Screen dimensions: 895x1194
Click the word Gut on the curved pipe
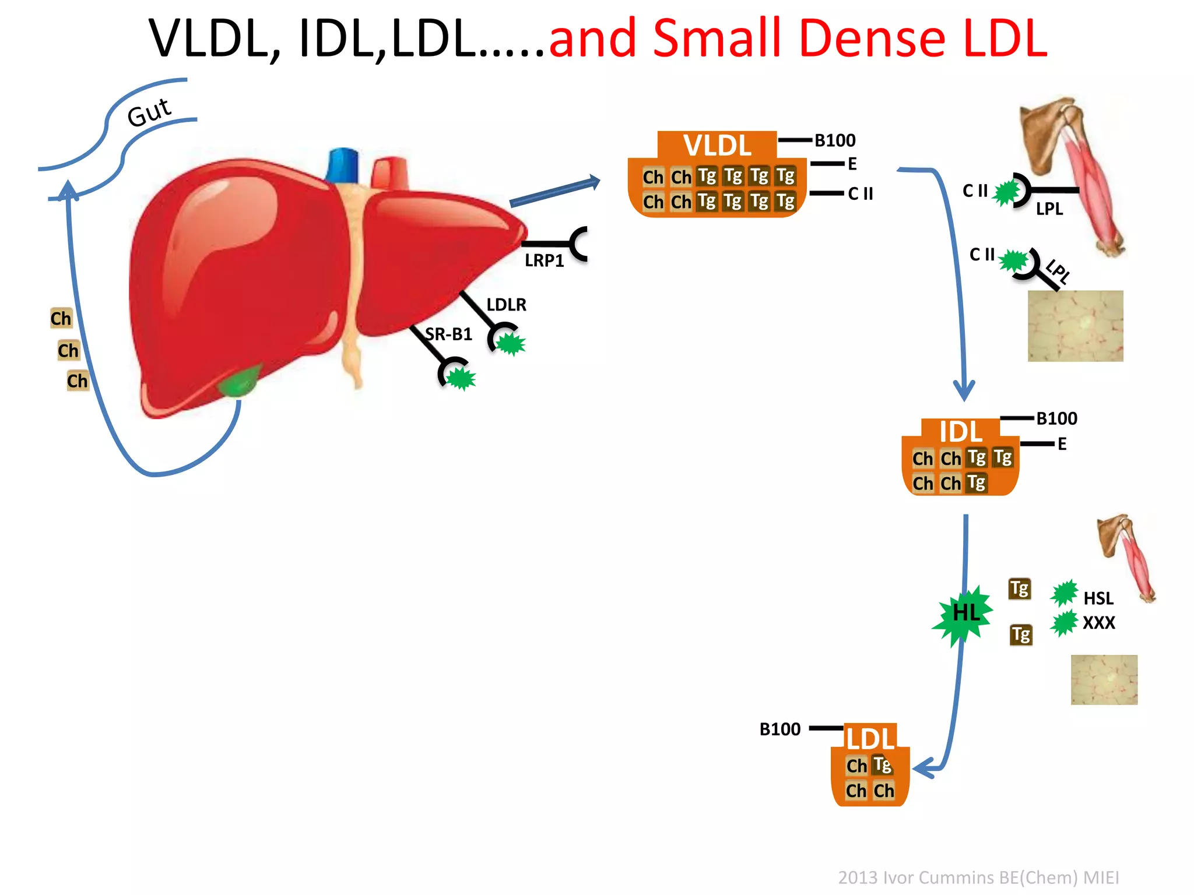[149, 112]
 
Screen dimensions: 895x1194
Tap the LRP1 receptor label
[544, 260]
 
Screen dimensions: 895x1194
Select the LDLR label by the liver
[506, 304]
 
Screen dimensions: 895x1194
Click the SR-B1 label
[448, 334]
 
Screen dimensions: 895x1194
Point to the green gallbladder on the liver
[238, 382]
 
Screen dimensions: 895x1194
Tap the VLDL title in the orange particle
[717, 145]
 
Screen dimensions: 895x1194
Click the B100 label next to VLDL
[835, 140]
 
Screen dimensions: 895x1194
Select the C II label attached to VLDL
[860, 193]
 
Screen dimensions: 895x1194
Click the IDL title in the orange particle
[960, 432]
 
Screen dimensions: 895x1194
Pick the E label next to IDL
[1062, 444]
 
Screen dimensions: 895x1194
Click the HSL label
[1098, 598]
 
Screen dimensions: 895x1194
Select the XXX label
[1098, 623]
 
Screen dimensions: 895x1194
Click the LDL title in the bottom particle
[870, 739]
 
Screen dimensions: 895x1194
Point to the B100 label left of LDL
[780, 729]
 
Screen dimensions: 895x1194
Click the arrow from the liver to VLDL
[554, 191]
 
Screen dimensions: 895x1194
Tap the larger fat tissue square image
[1075, 326]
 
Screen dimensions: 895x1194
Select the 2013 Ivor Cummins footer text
[978, 877]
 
